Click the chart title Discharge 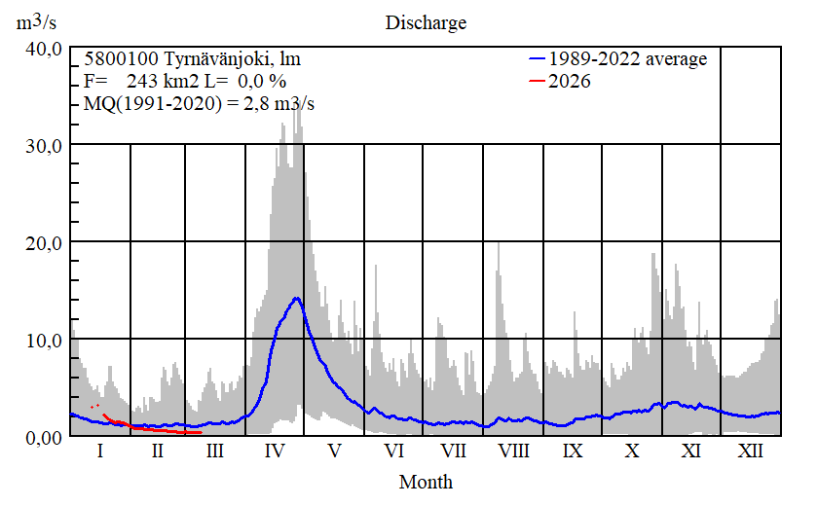point(426,22)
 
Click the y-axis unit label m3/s point(37,22)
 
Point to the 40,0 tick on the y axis point(45,49)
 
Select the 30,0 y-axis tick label point(45,145)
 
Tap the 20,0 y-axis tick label point(45,242)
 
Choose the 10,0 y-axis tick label point(45,340)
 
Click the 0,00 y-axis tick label point(45,437)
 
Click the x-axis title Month point(426,482)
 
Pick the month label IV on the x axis point(275,452)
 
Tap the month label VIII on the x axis point(513,452)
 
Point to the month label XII point(751,452)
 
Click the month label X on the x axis point(633,452)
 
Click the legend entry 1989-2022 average point(626,59)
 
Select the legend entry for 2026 point(570,82)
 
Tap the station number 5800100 point(118,59)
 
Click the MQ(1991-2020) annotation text point(194,103)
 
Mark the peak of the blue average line point(296,298)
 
